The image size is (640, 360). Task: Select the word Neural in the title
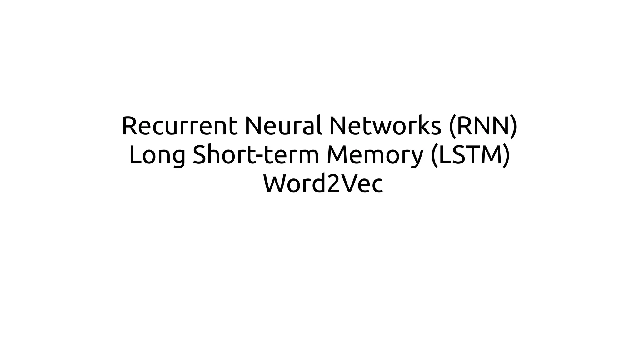283,126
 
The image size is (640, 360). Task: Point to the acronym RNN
483,126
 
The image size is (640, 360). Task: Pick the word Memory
375,155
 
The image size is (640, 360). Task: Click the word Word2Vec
323,184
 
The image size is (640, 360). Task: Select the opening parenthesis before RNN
452,127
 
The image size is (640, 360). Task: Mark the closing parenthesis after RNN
514,127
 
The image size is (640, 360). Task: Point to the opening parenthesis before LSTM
434,156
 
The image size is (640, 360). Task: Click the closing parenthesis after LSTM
506,156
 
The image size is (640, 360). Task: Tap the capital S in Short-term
200,155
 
